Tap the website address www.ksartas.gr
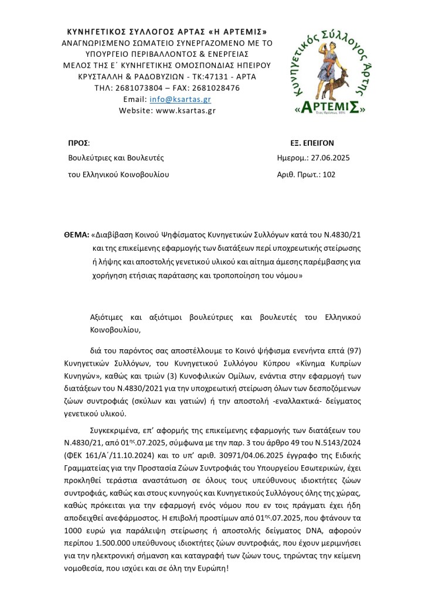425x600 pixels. pyautogui.click(x=186, y=110)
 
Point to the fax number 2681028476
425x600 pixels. pyautogui.click(x=213, y=88)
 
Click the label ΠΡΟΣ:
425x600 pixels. pyautogui.click(x=79, y=142)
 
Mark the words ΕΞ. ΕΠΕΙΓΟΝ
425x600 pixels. pyautogui.click(x=313, y=142)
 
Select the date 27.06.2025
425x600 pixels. pyautogui.click(x=330, y=158)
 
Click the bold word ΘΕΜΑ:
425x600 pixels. pyautogui.click(x=77, y=233)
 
